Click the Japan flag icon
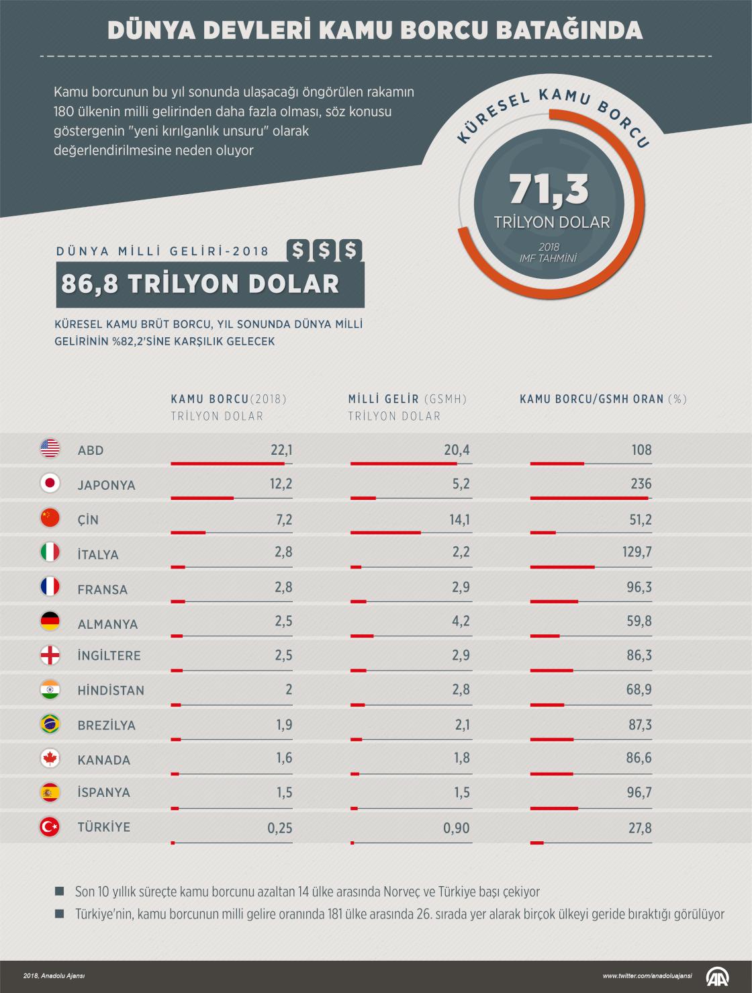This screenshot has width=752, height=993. click(x=50, y=483)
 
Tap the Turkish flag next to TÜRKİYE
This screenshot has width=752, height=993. click(x=50, y=827)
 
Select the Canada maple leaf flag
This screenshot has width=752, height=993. click(x=50, y=759)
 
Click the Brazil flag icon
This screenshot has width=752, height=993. click(x=50, y=724)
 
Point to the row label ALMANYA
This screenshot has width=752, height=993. click(x=107, y=624)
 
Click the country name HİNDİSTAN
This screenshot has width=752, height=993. click(x=111, y=690)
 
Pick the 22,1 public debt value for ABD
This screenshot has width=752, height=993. click(x=281, y=449)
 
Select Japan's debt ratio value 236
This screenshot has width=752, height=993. click(x=641, y=484)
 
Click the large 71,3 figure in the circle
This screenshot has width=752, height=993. click(x=549, y=190)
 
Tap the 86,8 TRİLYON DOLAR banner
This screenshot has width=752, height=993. click(x=200, y=284)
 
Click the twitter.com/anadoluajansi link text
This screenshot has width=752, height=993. click(x=645, y=976)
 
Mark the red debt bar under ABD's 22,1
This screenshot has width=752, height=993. click(x=228, y=464)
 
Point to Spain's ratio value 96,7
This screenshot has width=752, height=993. click(x=639, y=793)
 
